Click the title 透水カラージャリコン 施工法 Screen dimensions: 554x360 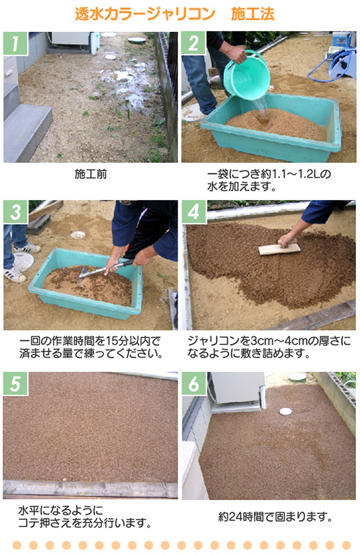click(174, 15)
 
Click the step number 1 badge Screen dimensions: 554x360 click(15, 43)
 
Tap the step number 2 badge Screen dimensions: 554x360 click(193, 43)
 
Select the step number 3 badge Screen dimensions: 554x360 click(15, 212)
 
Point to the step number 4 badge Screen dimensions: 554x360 click(193, 212)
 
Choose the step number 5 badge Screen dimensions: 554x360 click(15, 384)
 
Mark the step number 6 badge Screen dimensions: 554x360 click(193, 384)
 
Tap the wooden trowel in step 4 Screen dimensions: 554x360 click(279, 249)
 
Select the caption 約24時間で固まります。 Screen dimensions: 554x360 click(275, 517)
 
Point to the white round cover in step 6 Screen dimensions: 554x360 click(285, 412)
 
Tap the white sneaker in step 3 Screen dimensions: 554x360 click(15, 274)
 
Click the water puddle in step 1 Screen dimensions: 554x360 click(129, 86)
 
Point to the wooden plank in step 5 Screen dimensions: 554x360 click(90, 489)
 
